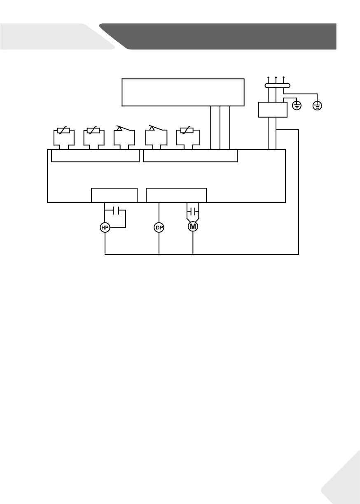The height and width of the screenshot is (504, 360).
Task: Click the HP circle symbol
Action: [x=105, y=227]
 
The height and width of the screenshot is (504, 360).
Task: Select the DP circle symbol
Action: [x=159, y=227]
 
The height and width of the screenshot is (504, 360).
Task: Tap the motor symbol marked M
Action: [x=193, y=226]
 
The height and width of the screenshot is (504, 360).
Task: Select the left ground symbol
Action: [x=296, y=106]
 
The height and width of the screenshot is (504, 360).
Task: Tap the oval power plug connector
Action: [x=276, y=86]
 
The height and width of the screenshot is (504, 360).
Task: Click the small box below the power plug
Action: [x=272, y=110]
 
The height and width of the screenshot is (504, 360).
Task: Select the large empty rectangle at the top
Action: [x=183, y=92]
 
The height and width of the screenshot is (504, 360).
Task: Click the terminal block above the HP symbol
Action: [x=114, y=195]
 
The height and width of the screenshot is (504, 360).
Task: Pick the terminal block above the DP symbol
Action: [x=176, y=195]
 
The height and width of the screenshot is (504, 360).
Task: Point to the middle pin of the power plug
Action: [x=276, y=78]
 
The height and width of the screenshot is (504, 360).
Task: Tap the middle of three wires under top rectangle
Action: [x=220, y=128]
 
